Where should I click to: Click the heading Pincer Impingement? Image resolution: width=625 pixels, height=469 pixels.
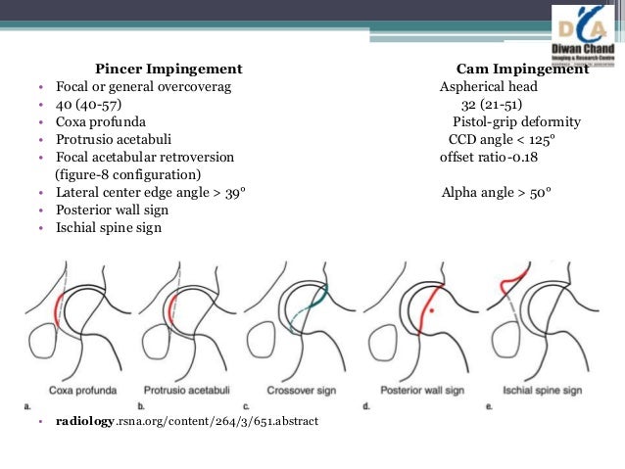[168, 70]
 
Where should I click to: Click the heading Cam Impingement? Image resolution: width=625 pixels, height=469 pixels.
[523, 70]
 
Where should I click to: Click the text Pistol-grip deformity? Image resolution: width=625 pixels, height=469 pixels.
[516, 122]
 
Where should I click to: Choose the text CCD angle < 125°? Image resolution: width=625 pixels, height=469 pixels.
[501, 140]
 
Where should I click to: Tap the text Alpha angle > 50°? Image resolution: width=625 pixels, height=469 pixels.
[497, 193]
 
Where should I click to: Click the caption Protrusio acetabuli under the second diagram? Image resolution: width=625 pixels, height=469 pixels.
[188, 391]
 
